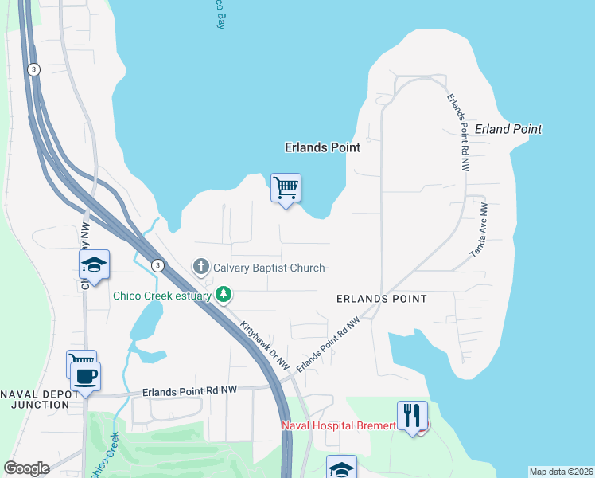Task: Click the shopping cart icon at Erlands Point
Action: [286, 189]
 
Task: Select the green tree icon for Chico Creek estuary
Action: [224, 296]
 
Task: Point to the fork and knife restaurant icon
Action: [411, 416]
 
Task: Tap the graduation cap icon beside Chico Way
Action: [94, 266]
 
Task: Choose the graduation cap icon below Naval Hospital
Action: [341, 468]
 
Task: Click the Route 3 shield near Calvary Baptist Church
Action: [158, 265]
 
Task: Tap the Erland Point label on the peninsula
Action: [507, 129]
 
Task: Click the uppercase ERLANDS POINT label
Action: [381, 299]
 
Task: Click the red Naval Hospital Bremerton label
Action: [339, 425]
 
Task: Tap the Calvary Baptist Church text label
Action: [269, 268]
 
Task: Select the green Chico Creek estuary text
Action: [162, 296]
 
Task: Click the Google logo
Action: [26, 468]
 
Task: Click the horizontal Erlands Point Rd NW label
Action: [190, 391]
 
